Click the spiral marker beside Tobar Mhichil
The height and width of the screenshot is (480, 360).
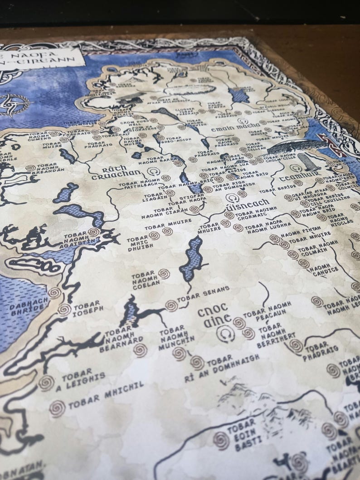tap(57, 408)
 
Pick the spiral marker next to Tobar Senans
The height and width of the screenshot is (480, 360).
tap(171, 305)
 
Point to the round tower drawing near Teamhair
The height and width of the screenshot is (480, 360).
tap(302, 163)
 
